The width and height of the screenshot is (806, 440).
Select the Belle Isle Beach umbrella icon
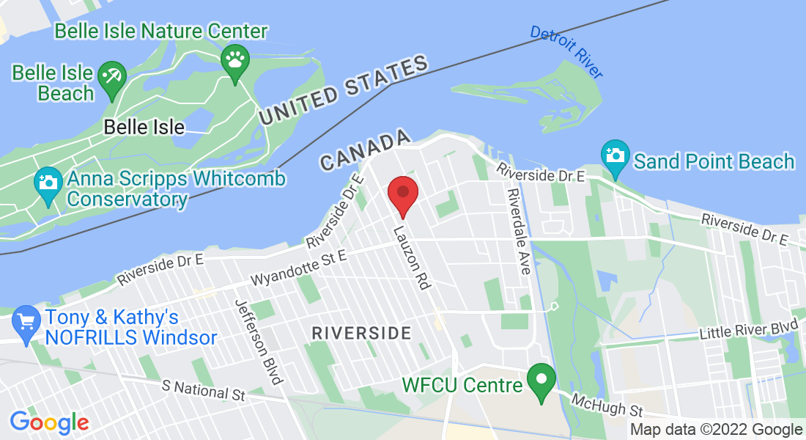tap(112, 76)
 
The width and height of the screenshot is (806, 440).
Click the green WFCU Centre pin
tap(542, 381)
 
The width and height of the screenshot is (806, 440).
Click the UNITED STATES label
tap(344, 92)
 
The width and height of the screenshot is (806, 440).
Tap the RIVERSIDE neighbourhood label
tap(361, 333)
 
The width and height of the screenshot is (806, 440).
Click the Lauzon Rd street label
tap(411, 257)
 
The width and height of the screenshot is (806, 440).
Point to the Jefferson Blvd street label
tap(258, 342)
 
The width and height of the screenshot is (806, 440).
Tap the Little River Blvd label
tap(747, 331)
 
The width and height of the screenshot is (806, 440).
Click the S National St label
tap(204, 389)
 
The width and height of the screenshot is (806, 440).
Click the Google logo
tap(49, 422)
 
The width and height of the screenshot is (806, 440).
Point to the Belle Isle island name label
tap(144, 127)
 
